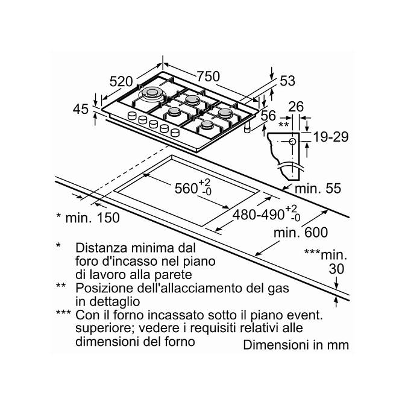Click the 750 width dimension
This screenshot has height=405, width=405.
pos(208,77)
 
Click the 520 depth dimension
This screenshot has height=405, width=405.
pos(121,81)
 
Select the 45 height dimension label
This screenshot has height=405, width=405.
pos(81,109)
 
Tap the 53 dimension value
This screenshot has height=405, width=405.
pos(287,81)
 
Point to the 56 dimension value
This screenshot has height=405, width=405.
pos(268,116)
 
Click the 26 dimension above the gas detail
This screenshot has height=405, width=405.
pos(296,107)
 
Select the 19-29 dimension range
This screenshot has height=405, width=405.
pos(331,137)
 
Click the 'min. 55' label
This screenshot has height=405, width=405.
pos(318,188)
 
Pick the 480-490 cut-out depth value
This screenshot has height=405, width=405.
pos(259,215)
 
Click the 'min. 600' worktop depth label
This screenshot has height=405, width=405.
pos(301,233)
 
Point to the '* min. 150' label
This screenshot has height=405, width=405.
pos(88,218)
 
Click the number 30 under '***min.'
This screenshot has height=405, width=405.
pos(336,269)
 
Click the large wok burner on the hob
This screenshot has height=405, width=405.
pos(152,93)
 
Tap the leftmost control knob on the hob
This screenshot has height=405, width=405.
pos(132,116)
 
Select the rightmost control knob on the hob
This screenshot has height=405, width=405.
pos(175,133)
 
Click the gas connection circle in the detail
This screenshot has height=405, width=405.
pos(292,142)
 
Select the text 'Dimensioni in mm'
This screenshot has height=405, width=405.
pos(296,345)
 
